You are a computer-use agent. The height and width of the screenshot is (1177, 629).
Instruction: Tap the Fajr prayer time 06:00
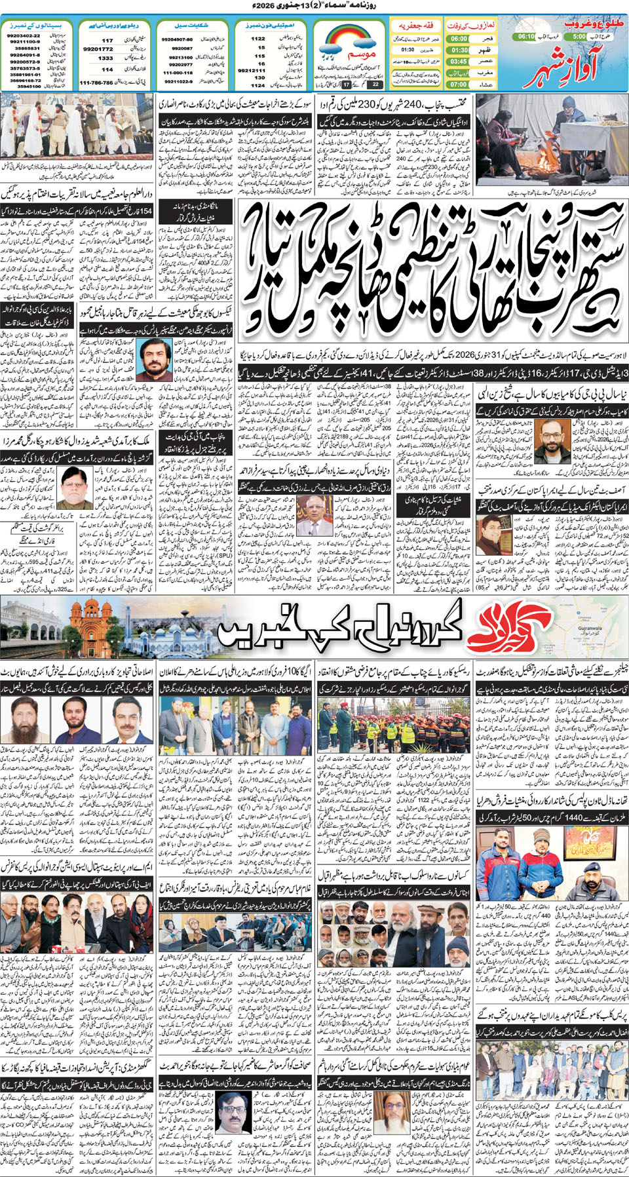459,39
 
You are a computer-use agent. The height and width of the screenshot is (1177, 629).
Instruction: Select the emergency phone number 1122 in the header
258,39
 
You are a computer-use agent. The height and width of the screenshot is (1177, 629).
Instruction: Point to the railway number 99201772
98,49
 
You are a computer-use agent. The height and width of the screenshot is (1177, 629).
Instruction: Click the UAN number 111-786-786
96,83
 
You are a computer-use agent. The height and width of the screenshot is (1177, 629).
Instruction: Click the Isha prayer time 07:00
459,84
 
